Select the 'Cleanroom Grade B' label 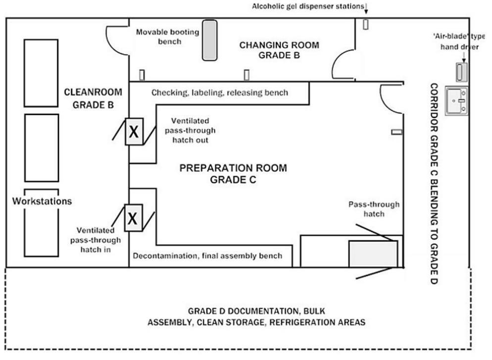[x=94, y=98]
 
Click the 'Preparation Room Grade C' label [x=233, y=174]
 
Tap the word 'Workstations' [x=43, y=202]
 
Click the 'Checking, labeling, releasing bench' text [x=220, y=93]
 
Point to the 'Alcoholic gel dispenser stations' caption [x=307, y=6]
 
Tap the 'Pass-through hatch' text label [x=374, y=208]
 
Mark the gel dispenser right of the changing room [x=366, y=24]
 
